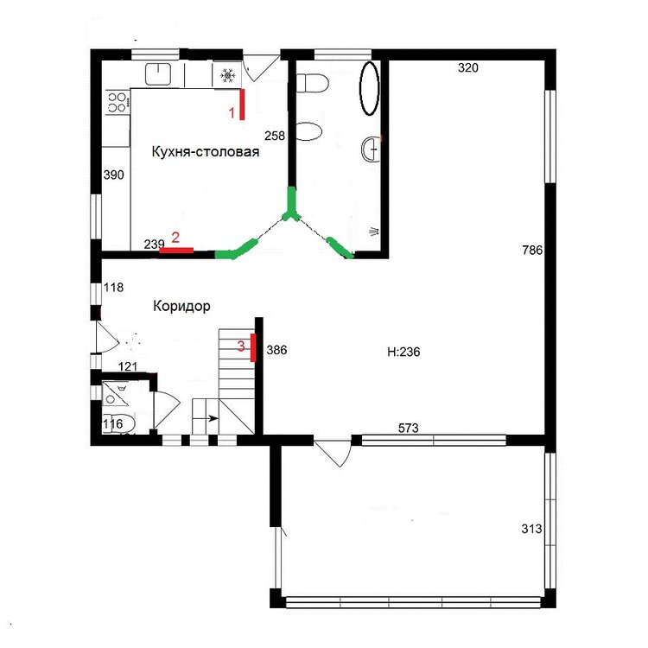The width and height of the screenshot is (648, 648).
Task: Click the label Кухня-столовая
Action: [x=206, y=152]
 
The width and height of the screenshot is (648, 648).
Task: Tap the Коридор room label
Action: [x=181, y=306]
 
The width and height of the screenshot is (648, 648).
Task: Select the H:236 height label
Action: [x=403, y=352]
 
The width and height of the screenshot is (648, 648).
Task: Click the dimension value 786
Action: [x=532, y=250]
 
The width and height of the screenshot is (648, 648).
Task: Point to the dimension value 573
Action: [x=409, y=429]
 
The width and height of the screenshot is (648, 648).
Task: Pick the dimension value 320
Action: [x=467, y=67]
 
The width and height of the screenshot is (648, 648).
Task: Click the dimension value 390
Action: [x=114, y=175]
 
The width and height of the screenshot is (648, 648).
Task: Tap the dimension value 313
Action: [x=531, y=529]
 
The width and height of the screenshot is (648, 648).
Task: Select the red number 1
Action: [x=232, y=112]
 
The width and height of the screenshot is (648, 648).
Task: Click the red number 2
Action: [x=175, y=238]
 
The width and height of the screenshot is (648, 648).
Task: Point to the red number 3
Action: [x=241, y=346]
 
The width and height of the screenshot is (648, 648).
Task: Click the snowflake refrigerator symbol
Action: [x=227, y=75]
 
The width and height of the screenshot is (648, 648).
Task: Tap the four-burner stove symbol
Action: [x=117, y=103]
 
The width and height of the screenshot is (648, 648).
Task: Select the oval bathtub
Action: [x=370, y=88]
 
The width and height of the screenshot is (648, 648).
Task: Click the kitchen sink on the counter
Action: [x=158, y=74]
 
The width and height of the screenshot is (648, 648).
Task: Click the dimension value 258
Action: [x=275, y=136]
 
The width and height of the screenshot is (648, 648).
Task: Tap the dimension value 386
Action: [x=276, y=350]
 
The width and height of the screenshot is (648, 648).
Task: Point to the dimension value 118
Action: [x=114, y=287]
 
